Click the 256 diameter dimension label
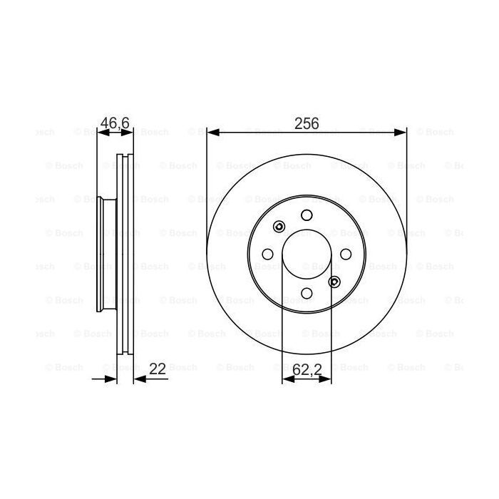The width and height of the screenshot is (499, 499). pyautogui.click(x=307, y=123)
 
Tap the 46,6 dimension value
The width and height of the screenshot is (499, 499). pyautogui.click(x=115, y=123)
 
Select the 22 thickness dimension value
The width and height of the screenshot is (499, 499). pyautogui.click(x=158, y=369)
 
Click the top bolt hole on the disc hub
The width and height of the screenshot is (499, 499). pyautogui.click(x=307, y=215)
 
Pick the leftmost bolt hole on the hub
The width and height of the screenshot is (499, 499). pyautogui.click(x=268, y=254)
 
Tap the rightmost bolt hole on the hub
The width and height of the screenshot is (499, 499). pyautogui.click(x=346, y=254)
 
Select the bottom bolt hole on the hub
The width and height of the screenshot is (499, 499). pyautogui.click(x=307, y=292)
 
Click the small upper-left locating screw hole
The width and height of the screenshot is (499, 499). pyautogui.click(x=279, y=227)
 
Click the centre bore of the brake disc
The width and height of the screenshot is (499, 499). pyautogui.click(x=307, y=254)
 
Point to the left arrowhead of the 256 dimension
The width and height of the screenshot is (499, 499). pyautogui.click(x=212, y=133)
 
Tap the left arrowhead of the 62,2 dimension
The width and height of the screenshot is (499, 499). pyautogui.click(x=287, y=379)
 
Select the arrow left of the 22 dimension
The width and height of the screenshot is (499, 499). pyautogui.click(x=110, y=379)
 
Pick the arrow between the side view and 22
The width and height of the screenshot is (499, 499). pyautogui.click(x=140, y=379)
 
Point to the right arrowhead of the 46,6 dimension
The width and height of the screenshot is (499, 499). pyautogui.click(x=129, y=133)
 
